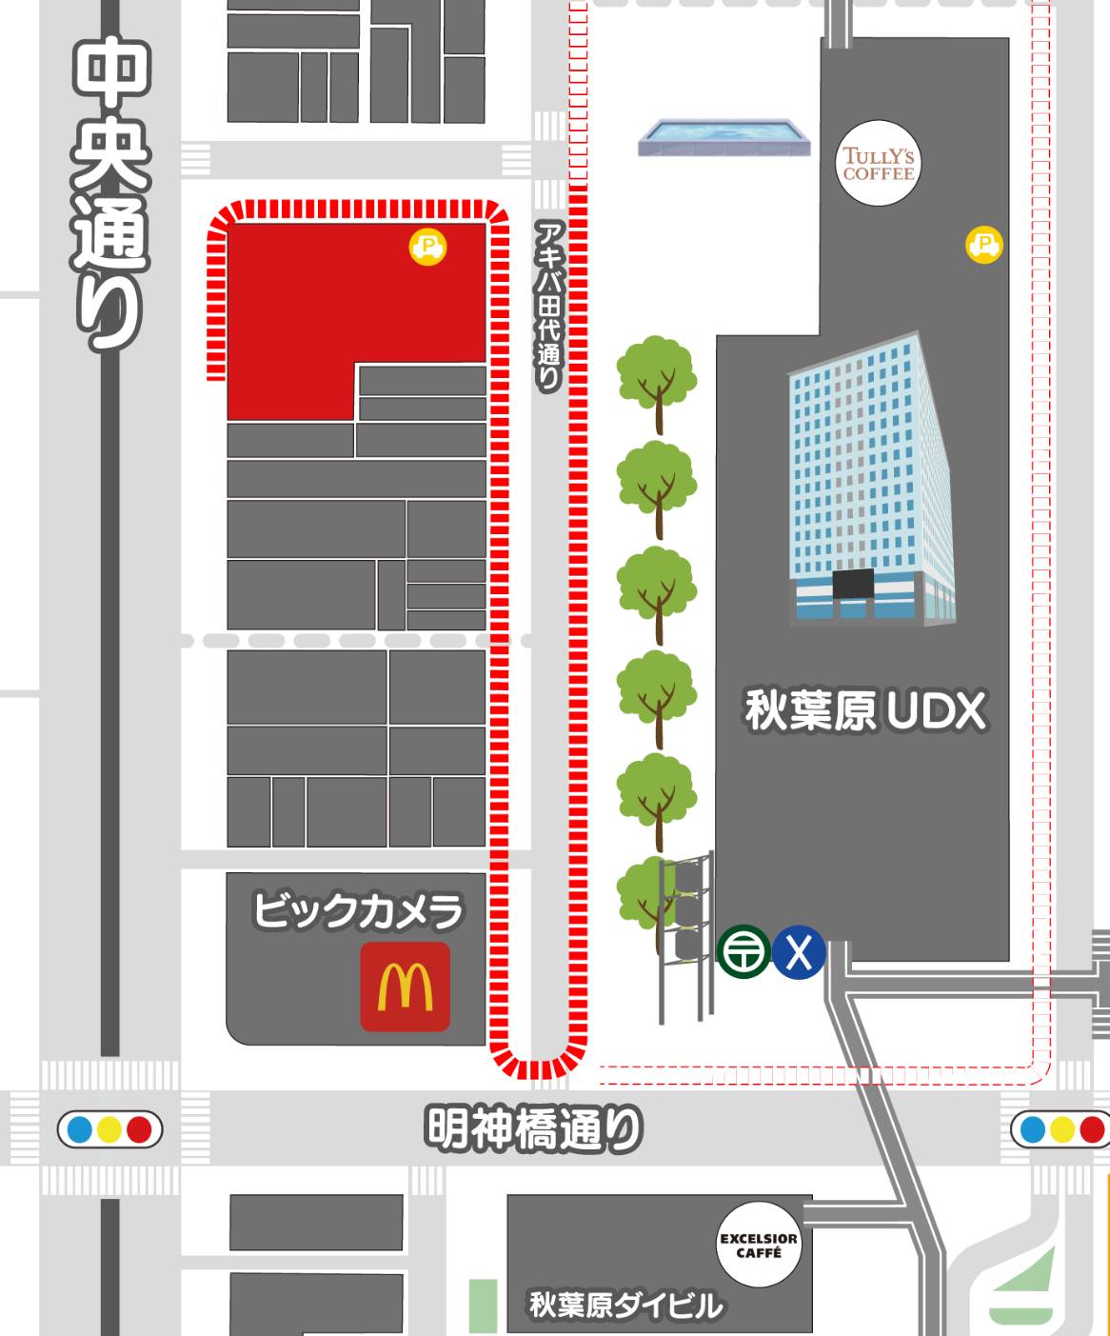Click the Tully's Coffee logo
pos(878,164)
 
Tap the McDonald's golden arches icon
pos(405,987)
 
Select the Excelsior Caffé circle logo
pos(758,1246)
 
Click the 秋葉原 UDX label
pos(864,711)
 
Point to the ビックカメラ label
pos(358,910)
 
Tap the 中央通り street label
pos(110,195)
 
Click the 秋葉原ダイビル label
pos(625,1305)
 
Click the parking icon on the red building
pos(428,247)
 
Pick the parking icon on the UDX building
pos(983,244)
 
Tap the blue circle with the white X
pos(798,951)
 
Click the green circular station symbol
pos(743,951)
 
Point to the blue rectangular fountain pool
pos(724,137)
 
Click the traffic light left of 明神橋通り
pos(109,1130)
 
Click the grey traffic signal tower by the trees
pos(685,933)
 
